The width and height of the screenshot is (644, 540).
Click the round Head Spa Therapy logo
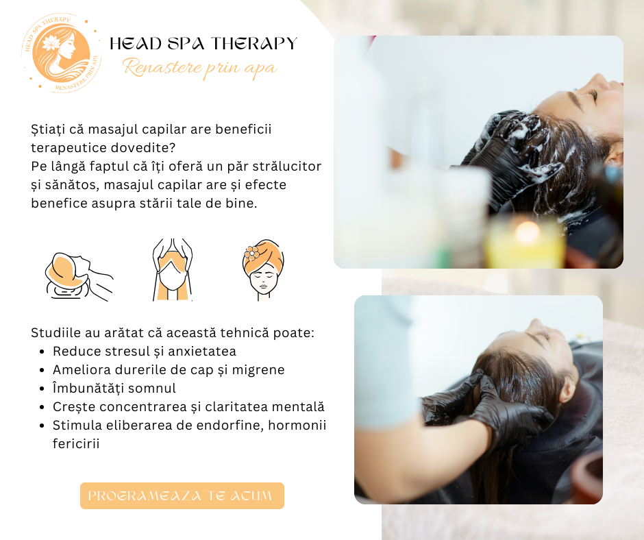point(61,53)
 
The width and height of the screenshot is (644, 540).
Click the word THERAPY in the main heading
point(254,44)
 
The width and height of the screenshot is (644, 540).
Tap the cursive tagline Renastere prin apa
point(200,69)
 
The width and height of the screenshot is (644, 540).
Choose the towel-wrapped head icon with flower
point(263,269)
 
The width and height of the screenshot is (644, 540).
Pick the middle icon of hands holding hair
point(173,269)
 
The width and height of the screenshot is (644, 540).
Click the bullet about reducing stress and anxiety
point(144,352)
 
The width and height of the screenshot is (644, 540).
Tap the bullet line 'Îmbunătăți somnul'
point(114,389)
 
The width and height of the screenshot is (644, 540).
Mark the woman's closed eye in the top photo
point(593,95)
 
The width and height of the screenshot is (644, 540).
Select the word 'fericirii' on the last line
point(76,444)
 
